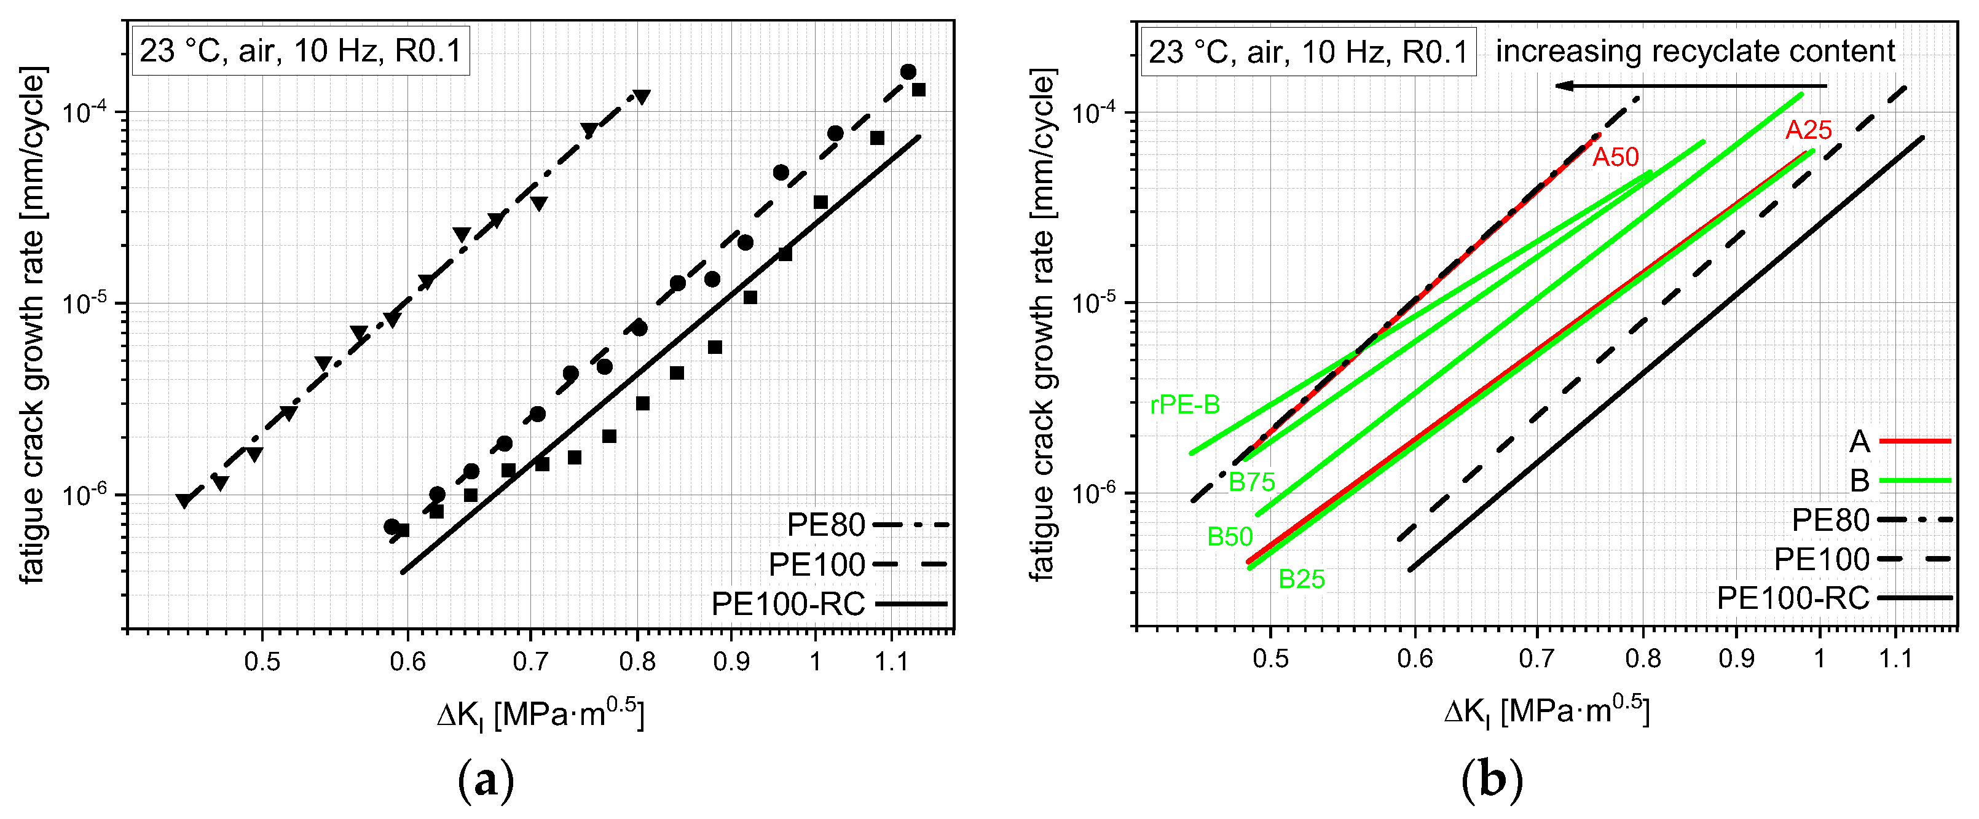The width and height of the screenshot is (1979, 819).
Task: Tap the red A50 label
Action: click(1615, 157)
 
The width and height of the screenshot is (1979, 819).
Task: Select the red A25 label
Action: click(1808, 130)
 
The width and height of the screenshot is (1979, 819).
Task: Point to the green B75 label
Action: click(1251, 482)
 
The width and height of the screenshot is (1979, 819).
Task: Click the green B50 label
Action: click(1229, 536)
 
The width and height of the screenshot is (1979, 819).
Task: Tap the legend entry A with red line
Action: click(1898, 442)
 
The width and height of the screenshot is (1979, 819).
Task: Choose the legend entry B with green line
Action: click(1898, 481)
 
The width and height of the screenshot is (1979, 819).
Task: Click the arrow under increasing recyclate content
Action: click(1690, 85)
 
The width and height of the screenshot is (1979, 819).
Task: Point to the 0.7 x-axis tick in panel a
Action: click(530, 660)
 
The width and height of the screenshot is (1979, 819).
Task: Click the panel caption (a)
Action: click(486, 782)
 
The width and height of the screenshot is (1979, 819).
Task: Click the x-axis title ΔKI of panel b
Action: click(1546, 712)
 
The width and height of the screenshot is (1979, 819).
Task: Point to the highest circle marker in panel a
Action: click(908, 71)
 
